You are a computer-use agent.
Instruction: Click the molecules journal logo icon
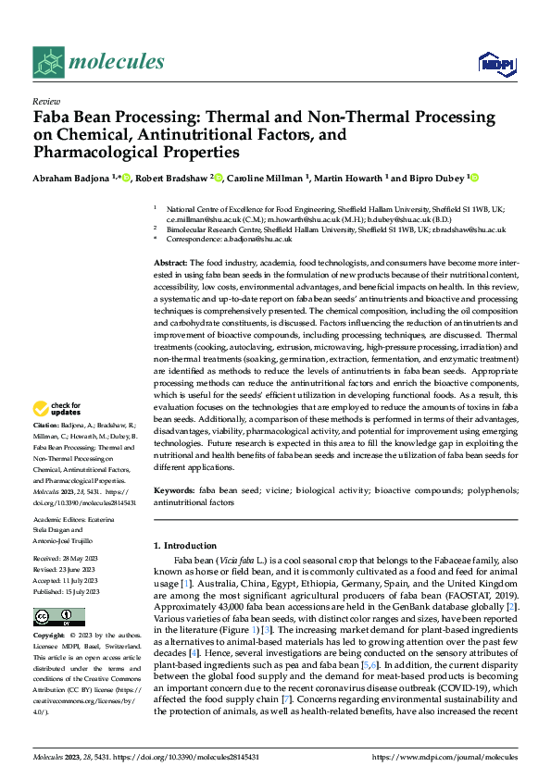(50, 62)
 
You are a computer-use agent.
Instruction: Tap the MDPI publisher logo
(493, 64)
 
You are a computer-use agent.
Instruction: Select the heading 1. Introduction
(185, 546)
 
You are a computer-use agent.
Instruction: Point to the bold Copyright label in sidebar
(50, 636)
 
